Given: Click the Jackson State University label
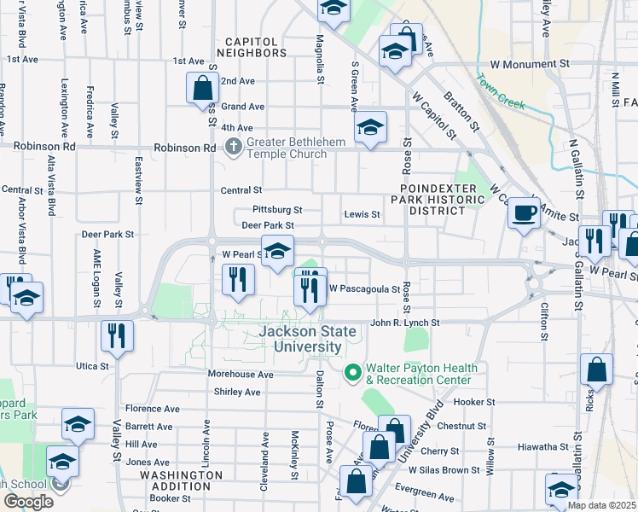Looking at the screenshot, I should pos(308,339).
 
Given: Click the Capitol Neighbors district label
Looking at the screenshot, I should pos(252,47).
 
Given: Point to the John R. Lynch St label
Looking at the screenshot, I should pos(404,323).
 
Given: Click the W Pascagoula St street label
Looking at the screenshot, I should pos(364,289).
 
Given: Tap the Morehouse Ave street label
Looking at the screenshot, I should pos(241,375).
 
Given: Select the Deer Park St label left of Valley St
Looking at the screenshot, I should pos(108,234).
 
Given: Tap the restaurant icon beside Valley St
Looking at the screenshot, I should pos(117,335).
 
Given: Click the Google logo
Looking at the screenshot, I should pos(28,502).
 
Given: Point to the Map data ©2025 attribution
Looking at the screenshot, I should pos(602,505).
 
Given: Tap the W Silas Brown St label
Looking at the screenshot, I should pos(444,470).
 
